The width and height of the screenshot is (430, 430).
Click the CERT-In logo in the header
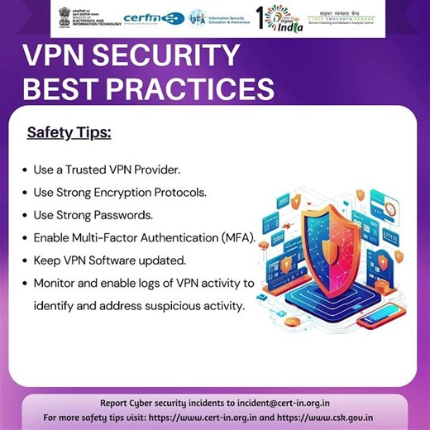pyautogui.click(x=154, y=17)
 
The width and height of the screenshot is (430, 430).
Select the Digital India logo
pyautogui.click(x=280, y=18)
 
